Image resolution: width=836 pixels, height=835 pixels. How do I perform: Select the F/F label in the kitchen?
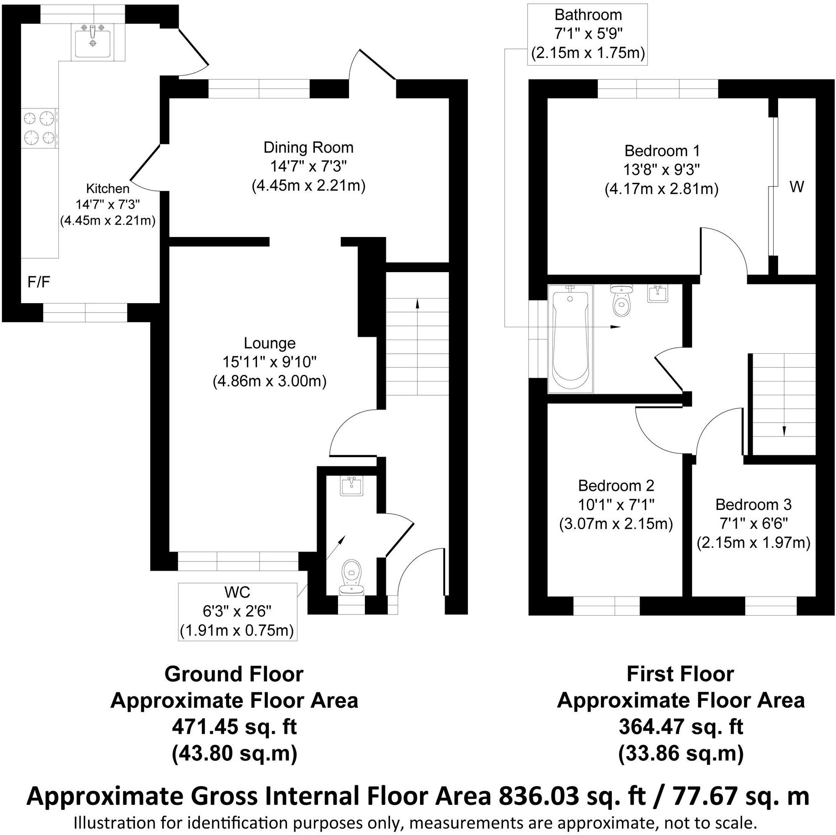pyautogui.click(x=39, y=282)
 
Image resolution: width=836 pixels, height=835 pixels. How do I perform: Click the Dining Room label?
pyautogui.click(x=308, y=148)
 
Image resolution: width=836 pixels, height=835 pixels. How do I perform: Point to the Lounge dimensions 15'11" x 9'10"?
pyautogui.click(x=269, y=362)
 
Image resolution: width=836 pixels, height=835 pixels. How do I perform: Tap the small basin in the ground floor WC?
pyautogui.click(x=352, y=486)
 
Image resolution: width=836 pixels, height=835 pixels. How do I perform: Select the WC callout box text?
pyautogui.click(x=237, y=611)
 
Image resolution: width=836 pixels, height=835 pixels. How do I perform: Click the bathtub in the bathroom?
pyautogui.click(x=569, y=337)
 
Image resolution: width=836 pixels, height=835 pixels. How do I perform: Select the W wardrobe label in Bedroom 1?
pyautogui.click(x=796, y=187)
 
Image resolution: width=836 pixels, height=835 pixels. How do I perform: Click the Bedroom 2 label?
pyautogui.click(x=616, y=486)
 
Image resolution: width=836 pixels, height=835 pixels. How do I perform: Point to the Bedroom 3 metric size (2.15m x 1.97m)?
pyautogui.click(x=754, y=543)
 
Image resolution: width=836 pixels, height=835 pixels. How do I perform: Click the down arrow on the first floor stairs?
pyautogui.click(x=784, y=431)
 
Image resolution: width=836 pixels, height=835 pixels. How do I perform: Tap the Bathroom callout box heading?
pyautogui.click(x=588, y=15)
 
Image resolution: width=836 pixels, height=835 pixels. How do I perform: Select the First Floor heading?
pyautogui.click(x=680, y=674)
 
